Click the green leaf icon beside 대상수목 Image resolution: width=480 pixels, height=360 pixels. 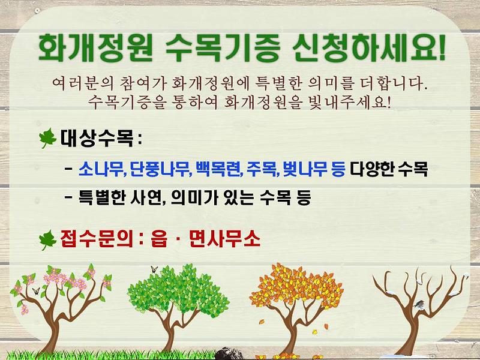47,140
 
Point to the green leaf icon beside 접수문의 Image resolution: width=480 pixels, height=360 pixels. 47,241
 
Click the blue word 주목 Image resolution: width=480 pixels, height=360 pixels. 259,169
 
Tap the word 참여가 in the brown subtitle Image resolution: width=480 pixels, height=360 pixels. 149,81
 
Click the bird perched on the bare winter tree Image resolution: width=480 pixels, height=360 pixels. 421,304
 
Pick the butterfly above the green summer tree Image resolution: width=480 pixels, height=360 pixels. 154,269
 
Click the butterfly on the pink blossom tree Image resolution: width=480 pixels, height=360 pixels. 36,291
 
